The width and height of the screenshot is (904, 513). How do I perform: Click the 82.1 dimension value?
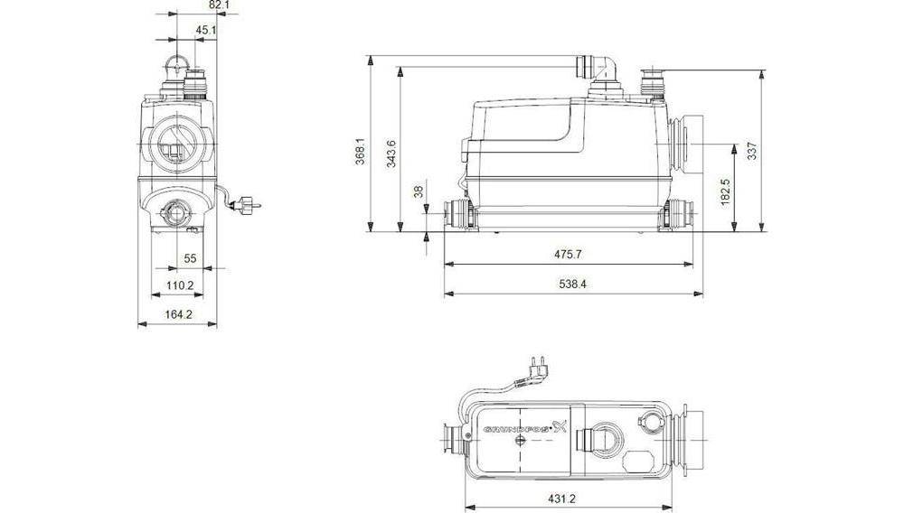click(x=219, y=5)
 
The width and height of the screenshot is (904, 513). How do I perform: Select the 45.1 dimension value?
click(x=206, y=30)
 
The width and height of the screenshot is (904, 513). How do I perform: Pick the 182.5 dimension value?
click(x=726, y=191)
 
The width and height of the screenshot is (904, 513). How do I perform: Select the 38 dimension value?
click(x=417, y=192)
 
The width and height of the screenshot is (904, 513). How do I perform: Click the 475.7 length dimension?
click(x=568, y=256)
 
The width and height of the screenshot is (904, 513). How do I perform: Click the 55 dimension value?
click(x=190, y=258)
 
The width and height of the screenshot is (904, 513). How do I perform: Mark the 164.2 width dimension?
click(x=177, y=314)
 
